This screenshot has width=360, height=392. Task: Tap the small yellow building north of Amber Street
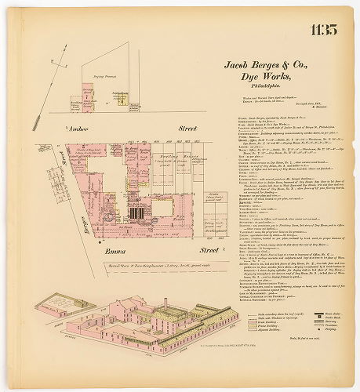click(x=123, y=100)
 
